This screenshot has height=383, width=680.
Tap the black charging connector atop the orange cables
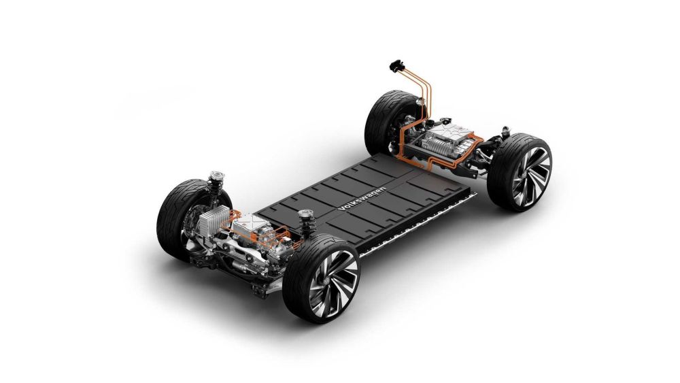tap(397, 67)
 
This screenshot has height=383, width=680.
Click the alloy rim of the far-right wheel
tap(531, 176)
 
